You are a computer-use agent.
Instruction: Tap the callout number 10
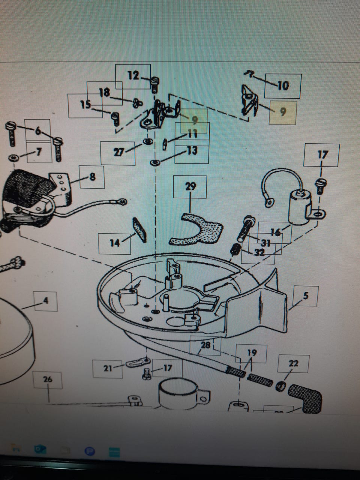click(283, 85)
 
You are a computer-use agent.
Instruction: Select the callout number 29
click(190, 186)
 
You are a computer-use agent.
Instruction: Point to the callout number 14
click(114, 243)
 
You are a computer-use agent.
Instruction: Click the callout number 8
click(92, 177)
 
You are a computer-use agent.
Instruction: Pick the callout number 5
click(306, 296)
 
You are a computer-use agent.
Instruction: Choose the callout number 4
click(45, 300)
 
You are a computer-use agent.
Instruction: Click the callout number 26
click(48, 379)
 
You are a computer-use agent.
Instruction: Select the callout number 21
click(108, 368)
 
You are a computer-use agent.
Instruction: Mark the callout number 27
click(118, 153)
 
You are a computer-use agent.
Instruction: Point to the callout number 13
click(192, 151)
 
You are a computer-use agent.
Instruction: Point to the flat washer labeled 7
click(13, 157)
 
